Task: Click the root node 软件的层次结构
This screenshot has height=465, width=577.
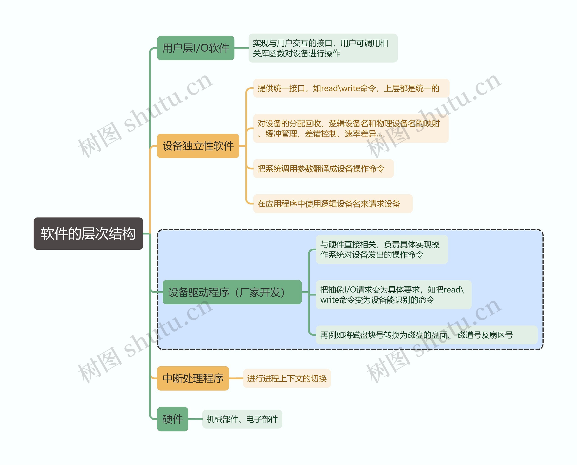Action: (x=88, y=233)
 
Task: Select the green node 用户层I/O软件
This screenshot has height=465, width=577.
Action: (x=195, y=48)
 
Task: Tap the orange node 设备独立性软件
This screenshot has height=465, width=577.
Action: (x=198, y=146)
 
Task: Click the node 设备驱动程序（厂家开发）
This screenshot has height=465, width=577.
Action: (x=232, y=292)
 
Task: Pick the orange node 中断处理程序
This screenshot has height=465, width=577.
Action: (x=193, y=378)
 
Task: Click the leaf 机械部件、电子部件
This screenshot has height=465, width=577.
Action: (x=242, y=419)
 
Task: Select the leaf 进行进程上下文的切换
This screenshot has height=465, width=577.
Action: (x=287, y=379)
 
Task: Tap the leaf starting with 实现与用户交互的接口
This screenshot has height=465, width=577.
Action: (x=323, y=48)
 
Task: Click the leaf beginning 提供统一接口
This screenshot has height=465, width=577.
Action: (x=351, y=88)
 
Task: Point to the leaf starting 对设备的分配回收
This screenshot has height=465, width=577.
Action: (x=350, y=129)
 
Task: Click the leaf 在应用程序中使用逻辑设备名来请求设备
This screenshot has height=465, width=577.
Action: (x=332, y=204)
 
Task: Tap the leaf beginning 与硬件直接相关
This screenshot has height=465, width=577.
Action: (x=382, y=249)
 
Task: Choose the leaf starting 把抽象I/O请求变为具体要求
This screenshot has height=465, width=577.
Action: (x=393, y=295)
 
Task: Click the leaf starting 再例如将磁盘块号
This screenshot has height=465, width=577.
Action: (x=426, y=335)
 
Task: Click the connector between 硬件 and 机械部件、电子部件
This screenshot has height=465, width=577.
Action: (x=195, y=419)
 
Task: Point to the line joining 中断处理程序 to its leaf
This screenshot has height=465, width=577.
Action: (x=236, y=379)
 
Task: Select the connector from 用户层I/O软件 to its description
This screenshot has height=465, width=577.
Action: (x=241, y=48)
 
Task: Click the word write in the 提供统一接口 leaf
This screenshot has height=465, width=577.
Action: (x=350, y=88)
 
